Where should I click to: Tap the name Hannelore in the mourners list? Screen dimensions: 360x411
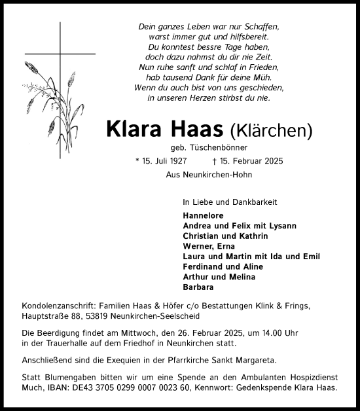click(x=204, y=215)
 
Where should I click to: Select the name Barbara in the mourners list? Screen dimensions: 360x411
click(x=198, y=287)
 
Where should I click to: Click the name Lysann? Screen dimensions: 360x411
click(x=282, y=225)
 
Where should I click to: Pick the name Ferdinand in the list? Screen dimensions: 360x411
click(x=205, y=266)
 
